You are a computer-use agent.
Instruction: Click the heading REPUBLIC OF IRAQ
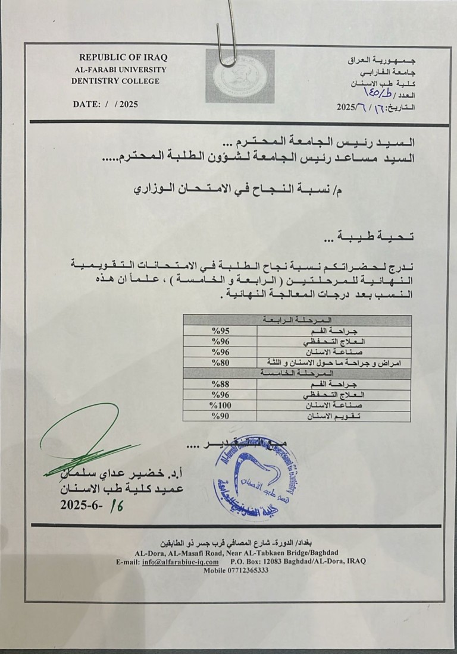click(123, 57)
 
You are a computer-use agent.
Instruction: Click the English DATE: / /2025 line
click(105, 103)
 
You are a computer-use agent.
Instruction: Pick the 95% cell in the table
click(220, 330)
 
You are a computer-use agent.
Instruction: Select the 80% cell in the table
click(220, 361)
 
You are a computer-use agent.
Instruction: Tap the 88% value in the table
click(221, 384)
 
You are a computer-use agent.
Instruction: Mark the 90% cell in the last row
click(220, 416)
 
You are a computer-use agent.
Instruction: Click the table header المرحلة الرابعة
click(296, 319)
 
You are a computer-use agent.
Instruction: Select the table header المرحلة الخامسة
click(296, 372)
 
